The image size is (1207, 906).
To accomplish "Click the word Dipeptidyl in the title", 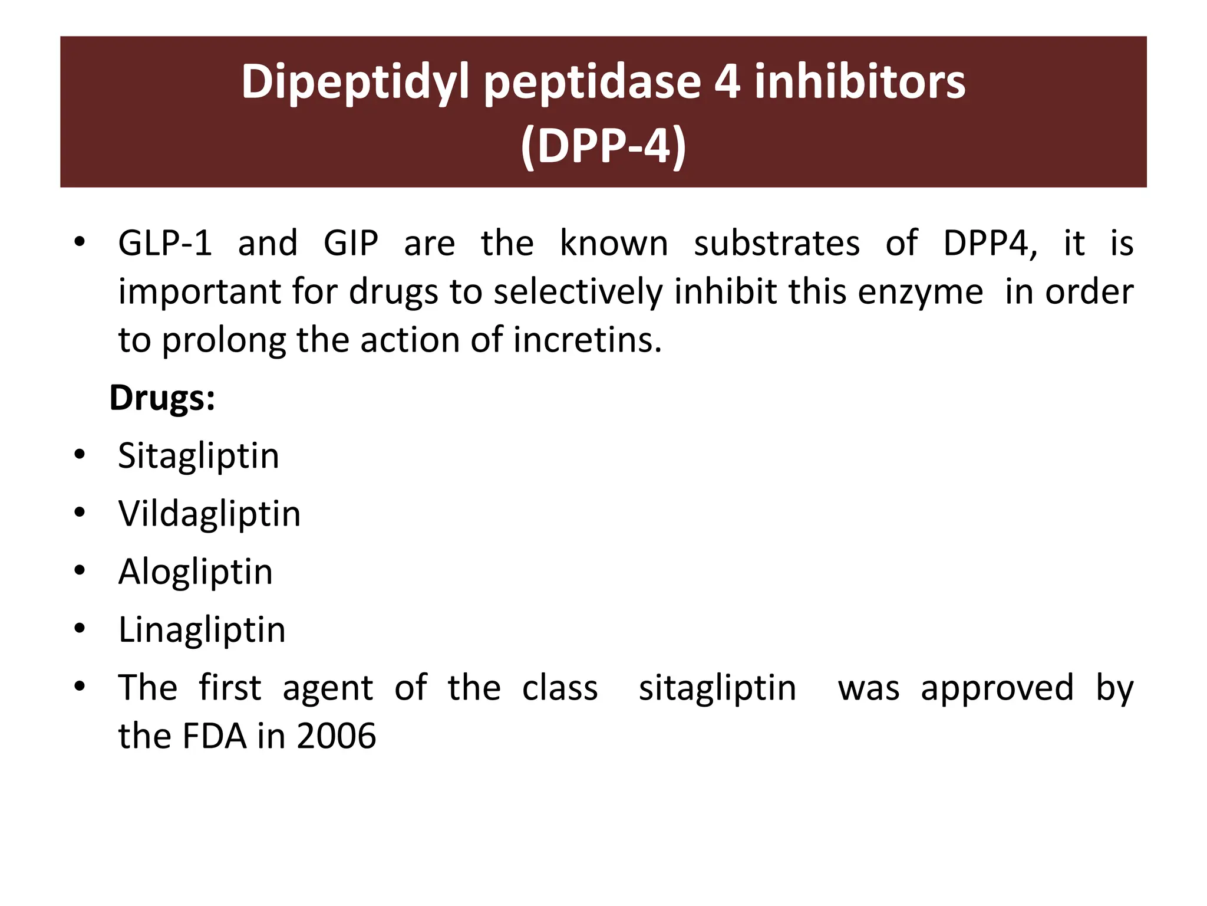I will pyautogui.click(x=355, y=83).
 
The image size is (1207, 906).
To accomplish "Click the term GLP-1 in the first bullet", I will pyautogui.click(x=165, y=243).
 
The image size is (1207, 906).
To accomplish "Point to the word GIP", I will pyautogui.click(x=351, y=243).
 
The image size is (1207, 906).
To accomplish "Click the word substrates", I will pyautogui.click(x=777, y=243).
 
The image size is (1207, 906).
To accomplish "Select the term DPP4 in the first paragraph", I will pyautogui.click(x=990, y=243).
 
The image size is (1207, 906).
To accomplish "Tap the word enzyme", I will pyautogui.click(x=921, y=292).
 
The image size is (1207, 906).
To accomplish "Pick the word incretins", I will pyautogui.click(x=588, y=340).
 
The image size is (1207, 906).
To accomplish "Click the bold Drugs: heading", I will pyautogui.click(x=162, y=398).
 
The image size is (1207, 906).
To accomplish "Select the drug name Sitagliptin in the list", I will pyautogui.click(x=199, y=456).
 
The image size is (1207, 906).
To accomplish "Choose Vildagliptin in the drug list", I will pyautogui.click(x=209, y=514).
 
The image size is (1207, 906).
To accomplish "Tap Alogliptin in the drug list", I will pyautogui.click(x=196, y=572).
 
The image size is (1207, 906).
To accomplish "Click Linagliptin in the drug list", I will pyautogui.click(x=202, y=629).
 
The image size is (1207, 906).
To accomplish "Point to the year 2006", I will pyautogui.click(x=336, y=736).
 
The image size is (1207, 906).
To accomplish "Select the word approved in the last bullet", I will pyautogui.click(x=997, y=688).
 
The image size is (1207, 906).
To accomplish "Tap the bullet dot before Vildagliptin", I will pyautogui.click(x=80, y=512).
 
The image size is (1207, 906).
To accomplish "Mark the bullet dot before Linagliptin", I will pyautogui.click(x=80, y=628).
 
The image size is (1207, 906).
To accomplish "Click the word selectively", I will pyautogui.click(x=578, y=292).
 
